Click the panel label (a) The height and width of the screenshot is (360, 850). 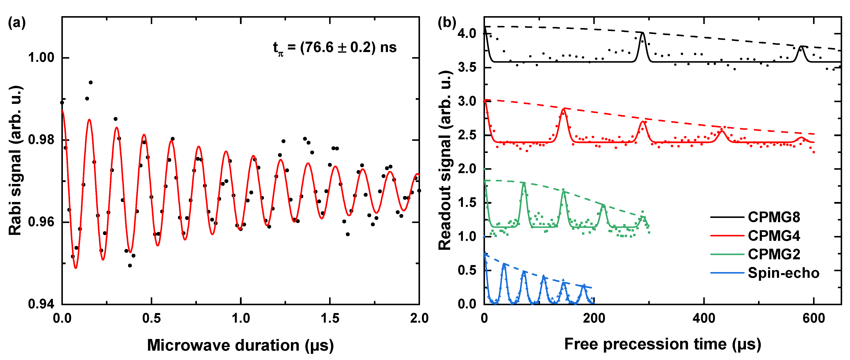17,23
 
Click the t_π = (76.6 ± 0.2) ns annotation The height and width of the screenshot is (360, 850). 335,48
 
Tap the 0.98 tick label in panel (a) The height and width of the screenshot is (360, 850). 41,140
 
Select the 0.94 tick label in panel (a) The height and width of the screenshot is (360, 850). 41,304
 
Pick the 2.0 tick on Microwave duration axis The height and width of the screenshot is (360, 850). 419,318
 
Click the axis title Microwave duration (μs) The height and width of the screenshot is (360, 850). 240,345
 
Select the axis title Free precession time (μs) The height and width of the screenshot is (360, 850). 663,344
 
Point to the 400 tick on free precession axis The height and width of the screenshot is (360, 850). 704,318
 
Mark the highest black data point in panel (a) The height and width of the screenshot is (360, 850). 91,82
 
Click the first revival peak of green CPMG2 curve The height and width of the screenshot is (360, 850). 524,182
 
